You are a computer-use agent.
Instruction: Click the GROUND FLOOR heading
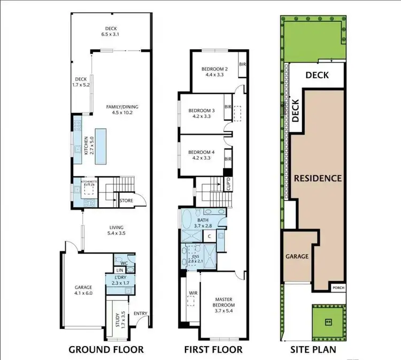click(106, 349)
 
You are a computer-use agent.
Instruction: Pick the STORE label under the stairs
click(126, 201)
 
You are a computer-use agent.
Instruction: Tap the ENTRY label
click(141, 314)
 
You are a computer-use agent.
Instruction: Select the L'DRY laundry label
click(123, 280)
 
